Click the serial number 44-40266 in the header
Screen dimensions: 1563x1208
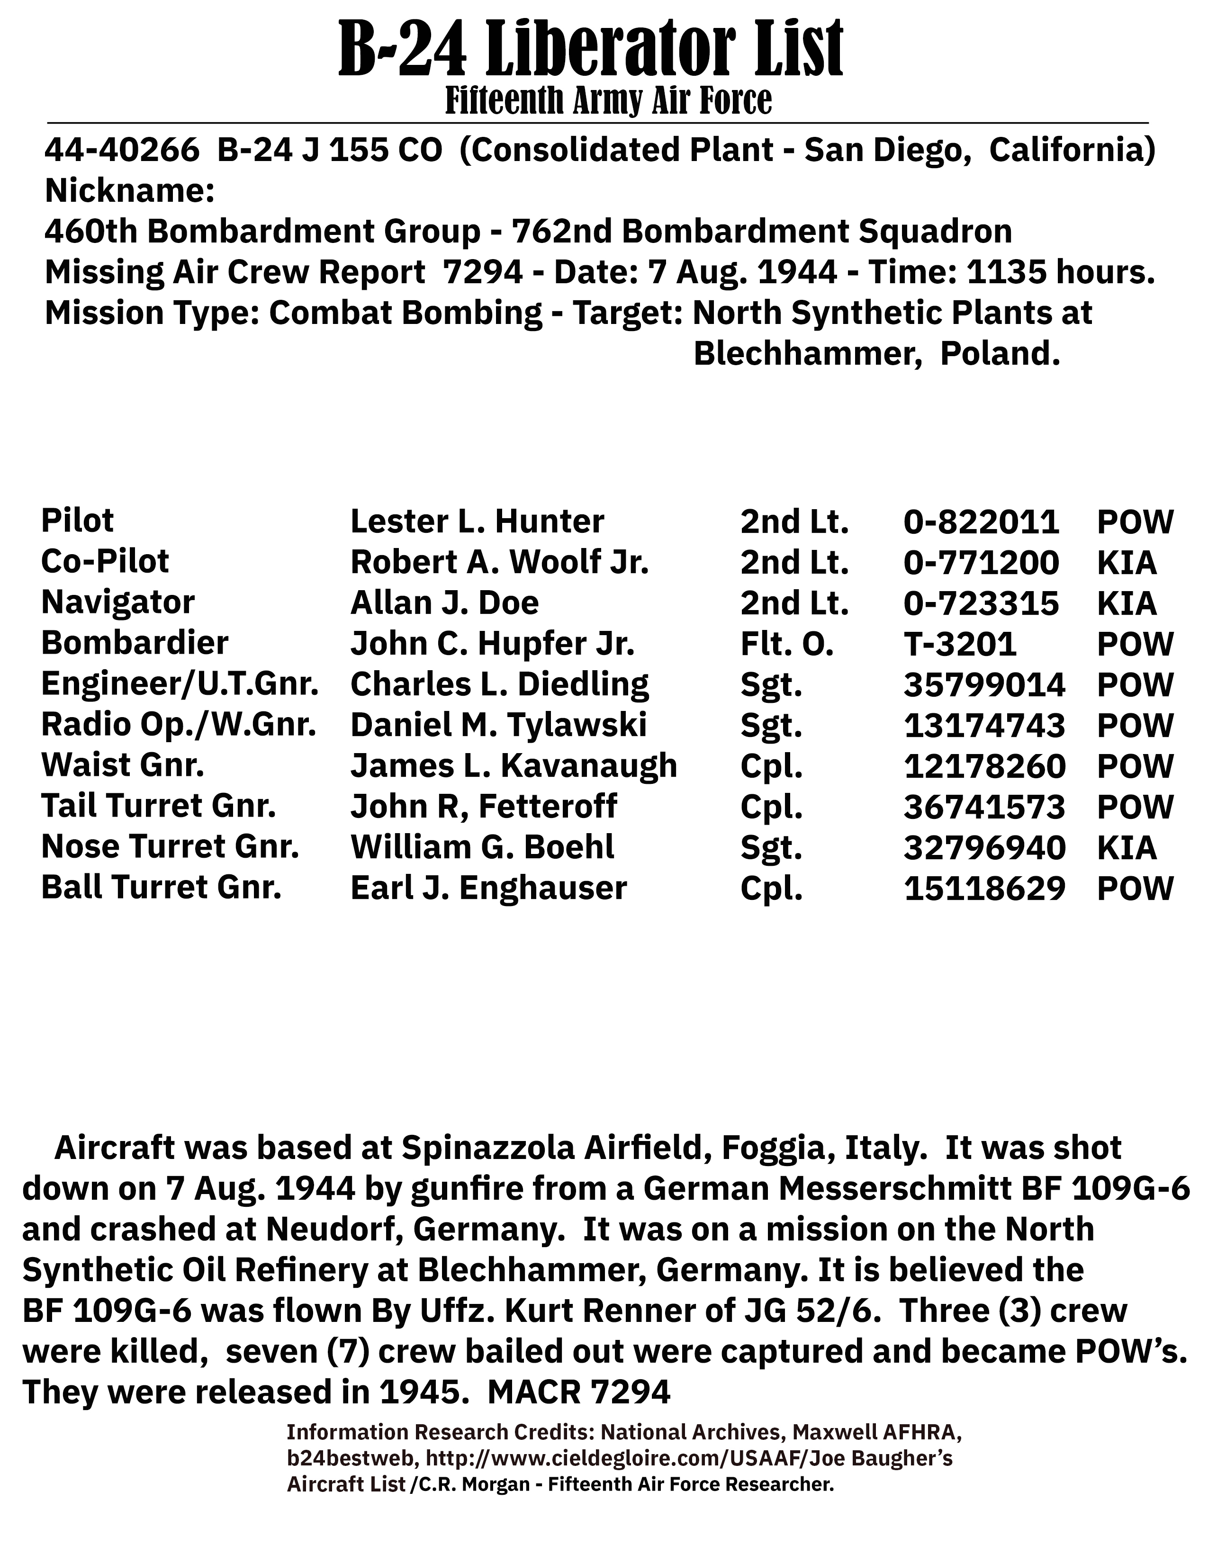point(122,150)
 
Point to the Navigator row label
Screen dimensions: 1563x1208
point(118,602)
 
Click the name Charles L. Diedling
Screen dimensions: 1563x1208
point(499,684)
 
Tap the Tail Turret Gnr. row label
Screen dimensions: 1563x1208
point(159,807)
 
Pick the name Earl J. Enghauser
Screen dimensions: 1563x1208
point(489,888)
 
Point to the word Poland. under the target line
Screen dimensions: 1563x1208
point(1000,353)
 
